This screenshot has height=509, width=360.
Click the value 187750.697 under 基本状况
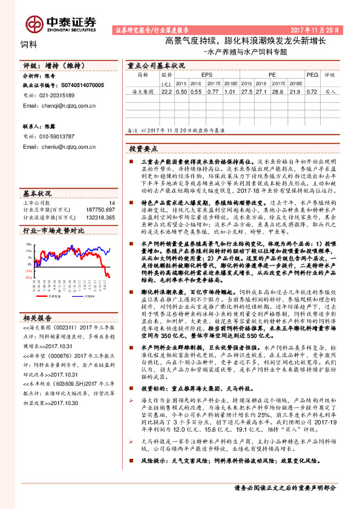[102, 209]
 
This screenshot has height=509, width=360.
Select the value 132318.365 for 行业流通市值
[102, 216]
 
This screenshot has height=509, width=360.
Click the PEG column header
[312, 75]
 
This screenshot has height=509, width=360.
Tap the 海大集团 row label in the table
[143, 92]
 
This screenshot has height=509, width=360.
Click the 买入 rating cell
[330, 92]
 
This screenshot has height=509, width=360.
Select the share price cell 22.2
[166, 92]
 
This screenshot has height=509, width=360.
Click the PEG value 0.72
[312, 92]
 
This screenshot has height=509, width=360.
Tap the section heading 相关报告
[38, 300]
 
